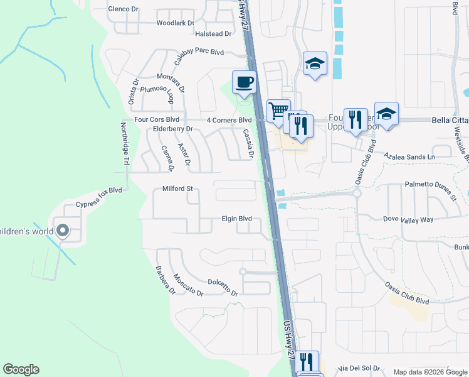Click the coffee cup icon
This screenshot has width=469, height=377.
click(244, 82)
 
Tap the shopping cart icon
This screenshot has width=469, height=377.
click(278, 111)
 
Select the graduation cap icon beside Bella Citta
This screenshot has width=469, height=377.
click(386, 114)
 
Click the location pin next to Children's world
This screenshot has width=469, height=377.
click(62, 231)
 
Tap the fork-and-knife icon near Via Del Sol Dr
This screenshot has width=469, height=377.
click(307, 362)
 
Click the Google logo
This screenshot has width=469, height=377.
click(21, 369)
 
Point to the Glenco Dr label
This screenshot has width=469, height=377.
click(123, 9)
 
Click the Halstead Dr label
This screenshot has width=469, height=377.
click(213, 34)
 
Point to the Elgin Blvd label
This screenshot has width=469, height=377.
click(236, 219)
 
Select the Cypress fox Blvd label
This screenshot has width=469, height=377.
click(98, 197)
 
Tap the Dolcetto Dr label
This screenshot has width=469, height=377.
click(223, 288)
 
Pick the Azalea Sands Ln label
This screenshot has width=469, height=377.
click(409, 156)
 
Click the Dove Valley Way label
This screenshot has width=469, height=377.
click(408, 220)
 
